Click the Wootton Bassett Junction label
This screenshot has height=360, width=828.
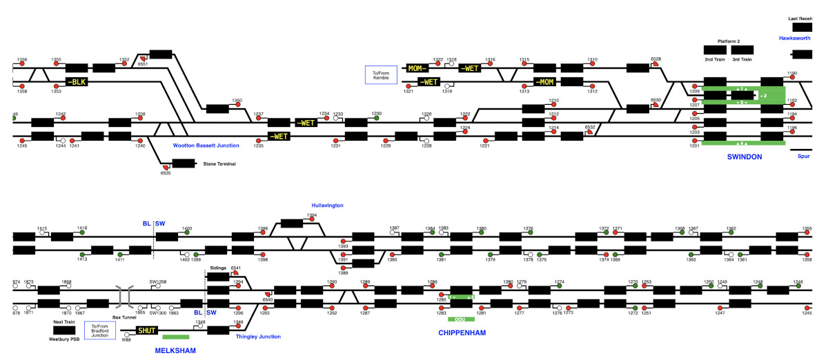[206, 146]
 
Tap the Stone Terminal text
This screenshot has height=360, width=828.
[219, 164]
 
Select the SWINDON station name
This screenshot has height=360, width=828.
[745, 157]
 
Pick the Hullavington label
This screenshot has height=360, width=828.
[327, 206]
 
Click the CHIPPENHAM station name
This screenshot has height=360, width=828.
[462, 333]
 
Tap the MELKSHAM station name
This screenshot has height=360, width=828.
[175, 350]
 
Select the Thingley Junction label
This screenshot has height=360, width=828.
[258, 337]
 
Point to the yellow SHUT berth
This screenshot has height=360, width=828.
[148, 330]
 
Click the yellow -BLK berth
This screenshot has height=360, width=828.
[77, 81]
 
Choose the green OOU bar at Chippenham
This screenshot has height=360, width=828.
[461, 319]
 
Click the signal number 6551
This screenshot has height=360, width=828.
[143, 64]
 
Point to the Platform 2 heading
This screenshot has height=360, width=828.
[729, 41]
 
